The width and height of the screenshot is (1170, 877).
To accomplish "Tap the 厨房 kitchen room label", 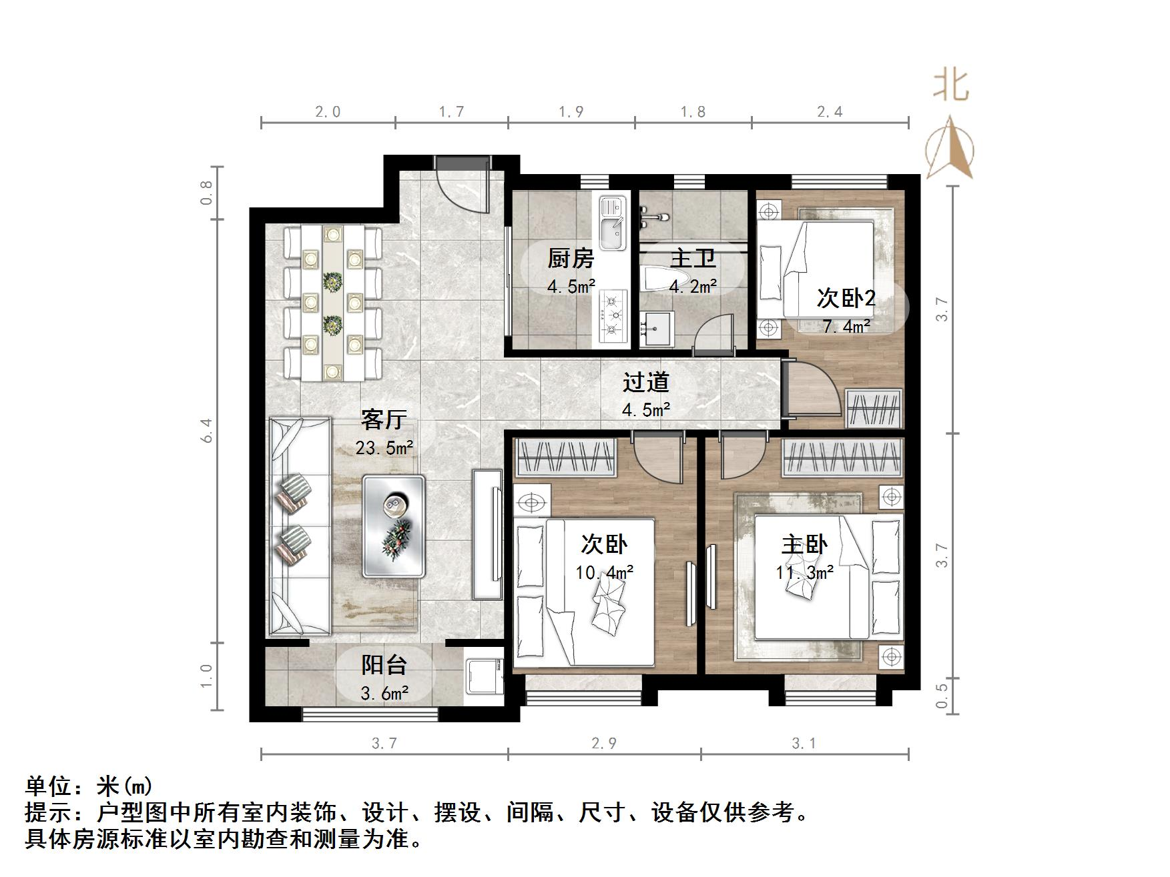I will [x=571, y=258].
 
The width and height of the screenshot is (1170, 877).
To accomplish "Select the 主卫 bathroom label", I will [x=693, y=258].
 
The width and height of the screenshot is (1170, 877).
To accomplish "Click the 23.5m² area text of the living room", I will [x=384, y=448].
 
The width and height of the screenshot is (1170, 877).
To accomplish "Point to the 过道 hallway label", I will [x=645, y=382].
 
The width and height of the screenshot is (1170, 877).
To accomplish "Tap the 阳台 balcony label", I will [x=384, y=665].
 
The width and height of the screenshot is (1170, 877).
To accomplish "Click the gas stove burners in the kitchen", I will [x=612, y=316].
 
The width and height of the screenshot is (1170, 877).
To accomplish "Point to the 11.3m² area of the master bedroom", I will [x=804, y=572].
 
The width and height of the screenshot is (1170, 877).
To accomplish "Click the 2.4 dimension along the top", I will [x=830, y=112].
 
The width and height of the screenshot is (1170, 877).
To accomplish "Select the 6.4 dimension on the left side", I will [x=208, y=430].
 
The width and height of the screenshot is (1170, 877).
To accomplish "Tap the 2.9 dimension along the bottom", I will [x=604, y=743].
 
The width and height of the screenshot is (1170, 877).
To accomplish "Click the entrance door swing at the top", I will [x=461, y=187].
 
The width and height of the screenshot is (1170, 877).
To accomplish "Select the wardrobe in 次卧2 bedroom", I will [x=874, y=407].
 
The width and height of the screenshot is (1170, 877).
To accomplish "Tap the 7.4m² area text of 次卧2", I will [x=846, y=326].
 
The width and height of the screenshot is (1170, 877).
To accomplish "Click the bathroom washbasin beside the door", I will [x=657, y=329].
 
